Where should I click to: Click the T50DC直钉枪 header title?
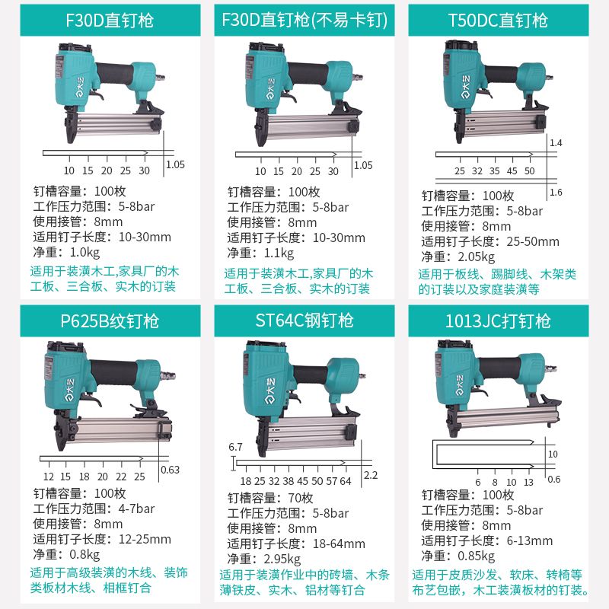pyautogui.click(x=498, y=21)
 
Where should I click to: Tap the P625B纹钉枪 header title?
pyautogui.click(x=110, y=321)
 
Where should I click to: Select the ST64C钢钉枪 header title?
pyautogui.click(x=304, y=320)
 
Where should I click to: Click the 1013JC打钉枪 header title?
pyautogui.click(x=498, y=321)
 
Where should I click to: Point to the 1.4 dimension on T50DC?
pyautogui.click(x=556, y=143)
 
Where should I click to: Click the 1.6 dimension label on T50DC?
pyautogui.click(x=556, y=193)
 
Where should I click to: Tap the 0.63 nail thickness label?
pyautogui.click(x=170, y=470)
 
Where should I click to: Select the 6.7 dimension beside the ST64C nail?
pyautogui.click(x=235, y=447)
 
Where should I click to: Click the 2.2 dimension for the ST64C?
pyautogui.click(x=371, y=475)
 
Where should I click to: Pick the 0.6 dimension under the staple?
pyautogui.click(x=554, y=480)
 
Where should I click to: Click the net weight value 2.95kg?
pyautogui.click(x=282, y=559)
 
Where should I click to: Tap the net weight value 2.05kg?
pyautogui.click(x=477, y=257)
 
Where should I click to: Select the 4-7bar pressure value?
pyautogui.click(x=136, y=509)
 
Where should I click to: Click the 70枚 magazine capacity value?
pyautogui.click(x=301, y=498)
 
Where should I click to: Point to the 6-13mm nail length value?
pyautogui.click(x=529, y=540)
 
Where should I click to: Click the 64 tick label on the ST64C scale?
pyautogui.click(x=346, y=482)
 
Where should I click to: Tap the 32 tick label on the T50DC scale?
pyautogui.click(x=477, y=171)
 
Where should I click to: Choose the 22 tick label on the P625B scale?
pyautogui.click(x=121, y=477)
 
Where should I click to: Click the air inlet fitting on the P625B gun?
pyautogui.click(x=168, y=375)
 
